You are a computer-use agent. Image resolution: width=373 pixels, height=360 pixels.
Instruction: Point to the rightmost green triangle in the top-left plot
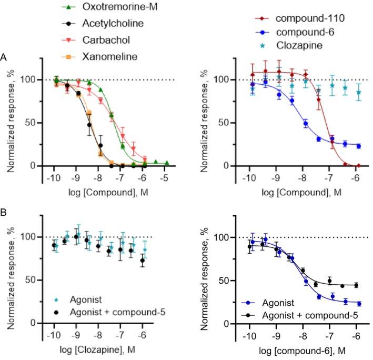(166, 163)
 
